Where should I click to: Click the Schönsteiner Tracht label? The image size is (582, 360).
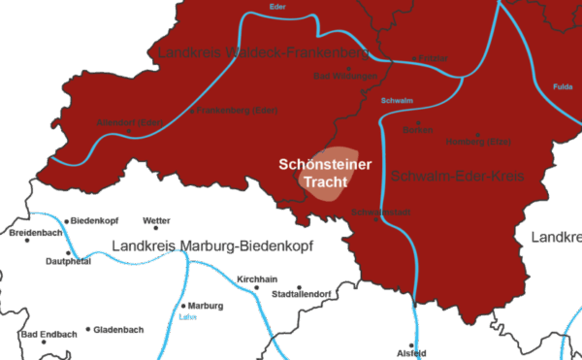click(x=325, y=173)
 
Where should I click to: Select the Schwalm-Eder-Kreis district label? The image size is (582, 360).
click(x=459, y=177)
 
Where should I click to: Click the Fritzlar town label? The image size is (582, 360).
click(x=433, y=59)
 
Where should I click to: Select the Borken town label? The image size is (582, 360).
click(x=417, y=129)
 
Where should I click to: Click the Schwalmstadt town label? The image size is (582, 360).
click(x=374, y=211)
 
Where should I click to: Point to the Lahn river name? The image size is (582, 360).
click(x=188, y=316)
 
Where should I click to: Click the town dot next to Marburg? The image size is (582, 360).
click(x=185, y=305)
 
